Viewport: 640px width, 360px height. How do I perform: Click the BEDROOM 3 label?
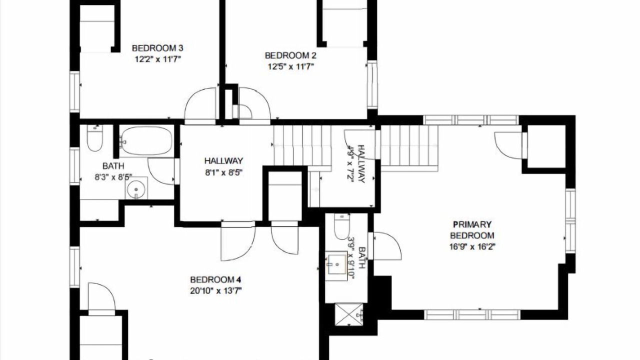point(157,48)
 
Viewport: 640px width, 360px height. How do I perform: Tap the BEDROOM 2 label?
point(290,55)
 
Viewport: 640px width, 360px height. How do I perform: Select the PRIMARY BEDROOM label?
point(472,230)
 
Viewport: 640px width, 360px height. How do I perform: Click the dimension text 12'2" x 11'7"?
point(158,59)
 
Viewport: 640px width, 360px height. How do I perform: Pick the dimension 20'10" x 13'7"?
point(215,291)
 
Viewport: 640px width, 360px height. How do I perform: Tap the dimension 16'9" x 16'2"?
point(472,246)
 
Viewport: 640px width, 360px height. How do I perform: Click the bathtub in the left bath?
point(146,141)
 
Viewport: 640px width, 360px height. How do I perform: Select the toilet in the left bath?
point(95,138)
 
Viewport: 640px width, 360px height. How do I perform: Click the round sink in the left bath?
point(136,188)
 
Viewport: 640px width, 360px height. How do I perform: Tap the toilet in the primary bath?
point(341,227)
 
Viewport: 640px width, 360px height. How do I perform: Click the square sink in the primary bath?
point(336,265)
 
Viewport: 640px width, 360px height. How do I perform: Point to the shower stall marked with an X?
point(348,314)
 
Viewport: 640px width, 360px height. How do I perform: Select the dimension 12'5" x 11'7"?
point(291,67)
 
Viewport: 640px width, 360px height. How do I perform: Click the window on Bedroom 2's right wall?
point(372,84)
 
